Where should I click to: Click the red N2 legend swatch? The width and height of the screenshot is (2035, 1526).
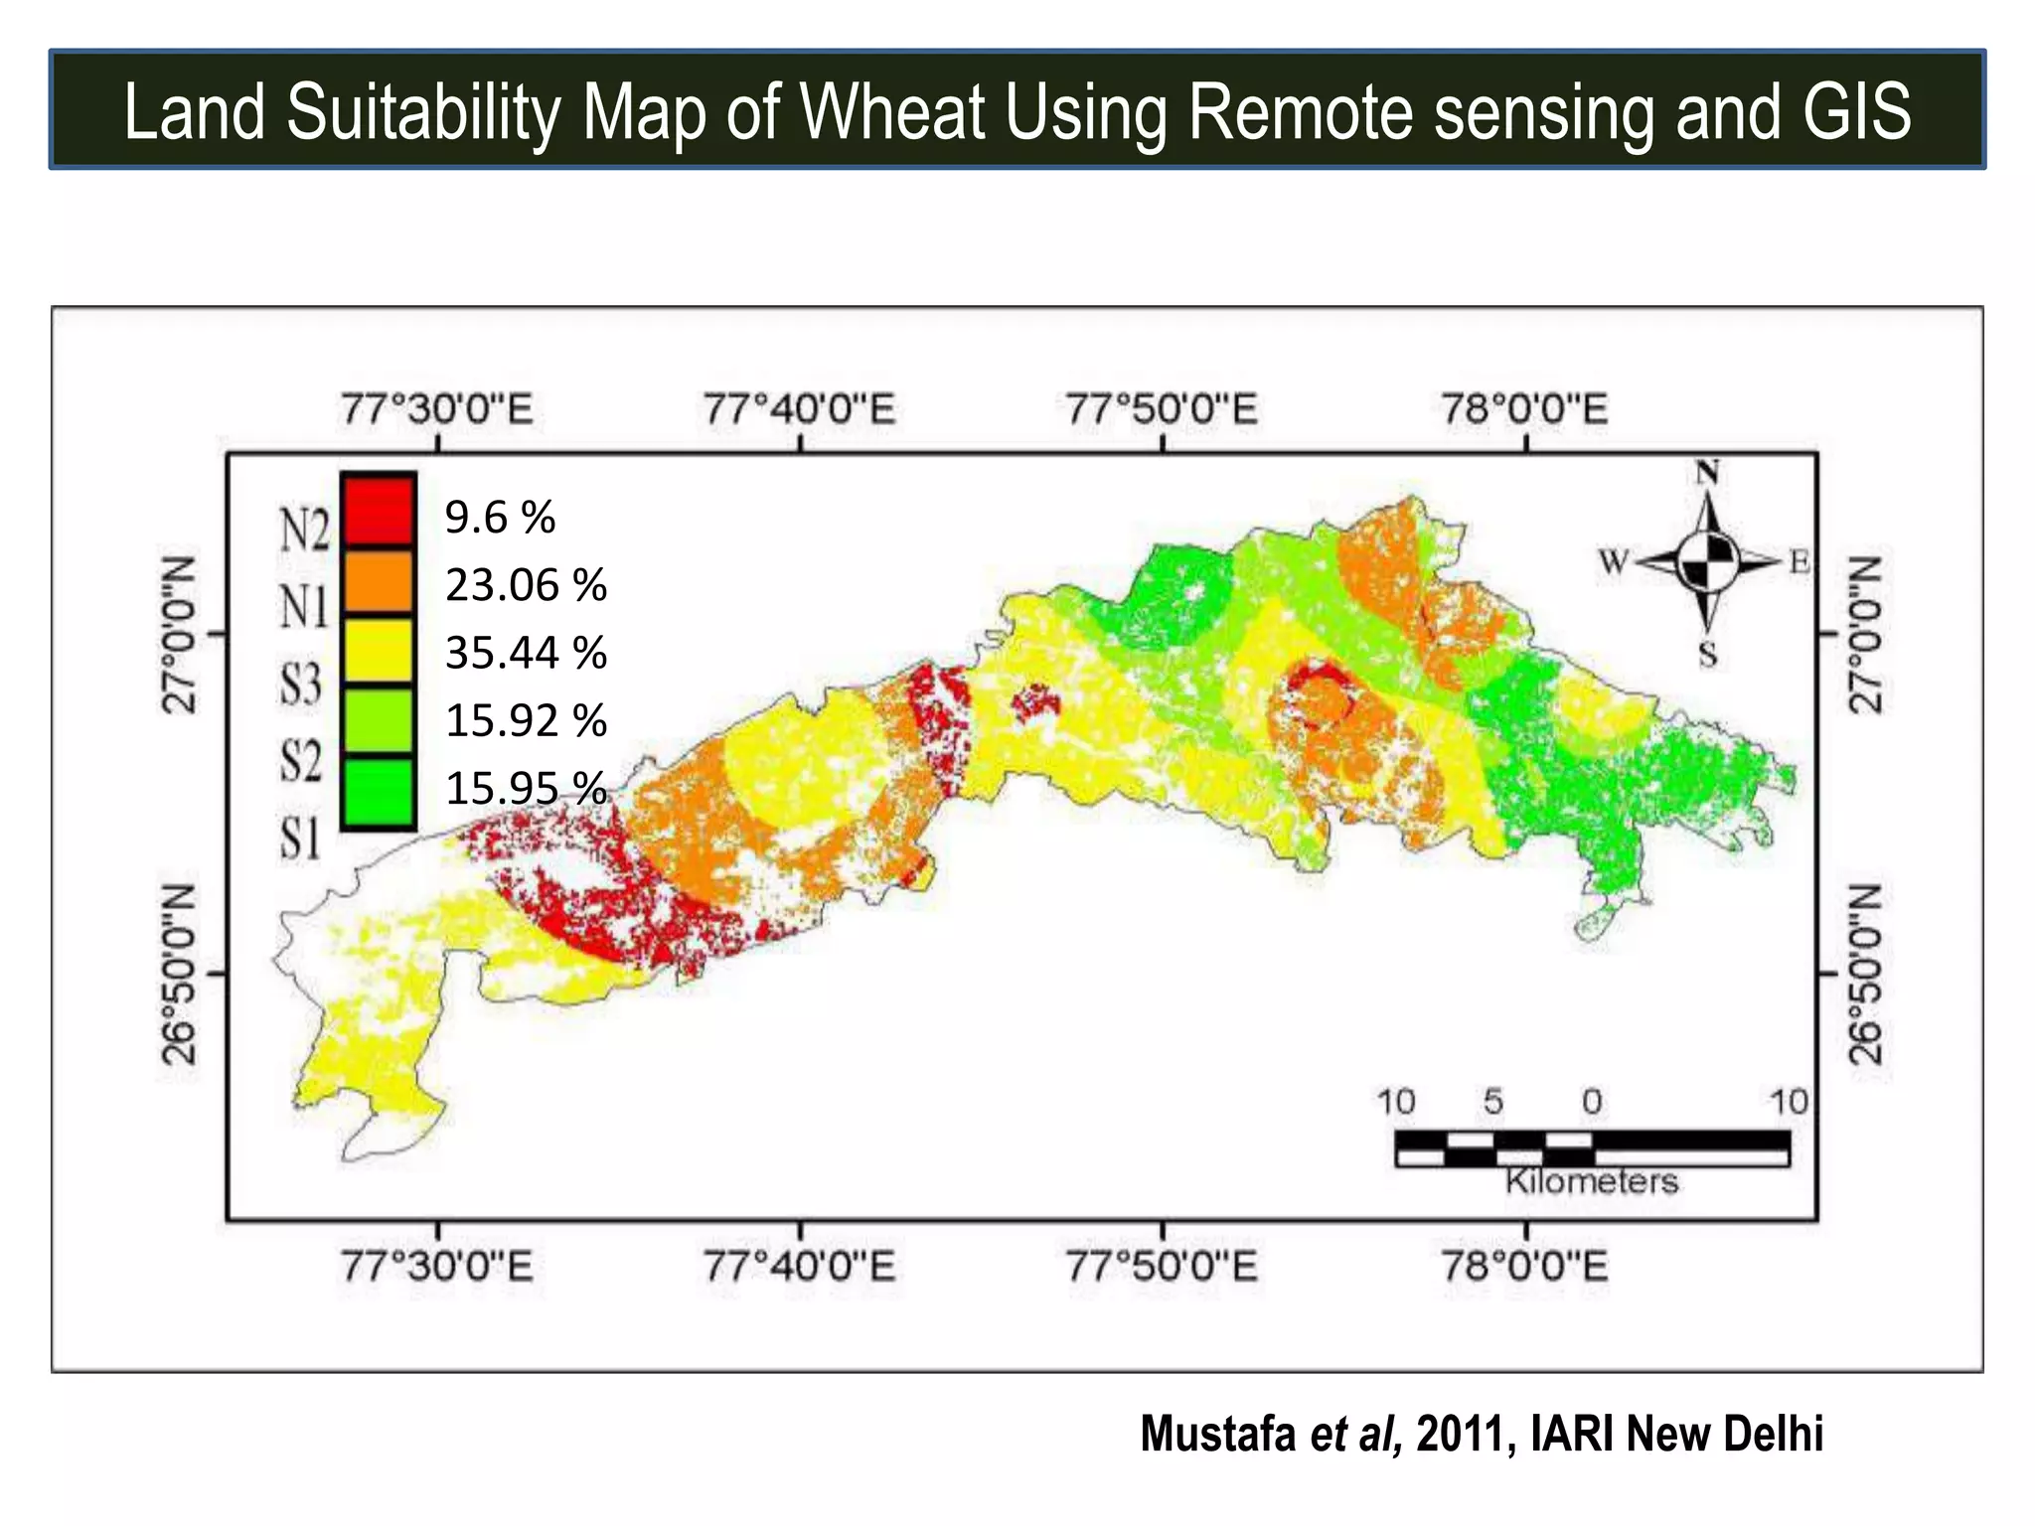click(378, 511)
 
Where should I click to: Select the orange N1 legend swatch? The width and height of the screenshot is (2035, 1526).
click(378, 581)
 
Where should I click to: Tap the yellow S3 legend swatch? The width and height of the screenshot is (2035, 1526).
click(378, 651)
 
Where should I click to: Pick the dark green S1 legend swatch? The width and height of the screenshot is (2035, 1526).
click(378, 791)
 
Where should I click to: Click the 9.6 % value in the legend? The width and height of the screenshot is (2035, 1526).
click(500, 518)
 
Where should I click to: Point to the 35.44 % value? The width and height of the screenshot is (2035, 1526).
click(526, 653)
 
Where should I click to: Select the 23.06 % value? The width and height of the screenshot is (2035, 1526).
click(526, 585)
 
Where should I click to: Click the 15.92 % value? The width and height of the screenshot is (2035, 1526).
click(526, 720)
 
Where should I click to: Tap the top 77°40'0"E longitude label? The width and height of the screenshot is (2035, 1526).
click(800, 409)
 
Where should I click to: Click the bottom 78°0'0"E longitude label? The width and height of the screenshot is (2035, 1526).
click(1524, 1267)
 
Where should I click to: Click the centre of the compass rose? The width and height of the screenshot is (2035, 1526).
click(1708, 562)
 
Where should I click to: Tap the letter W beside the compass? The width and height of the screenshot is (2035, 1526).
click(1614, 563)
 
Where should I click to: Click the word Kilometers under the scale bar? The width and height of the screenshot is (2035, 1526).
click(1592, 1181)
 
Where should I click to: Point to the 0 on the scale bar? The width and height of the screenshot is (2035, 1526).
click(1592, 1102)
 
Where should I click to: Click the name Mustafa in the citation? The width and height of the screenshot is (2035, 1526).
click(1218, 1434)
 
